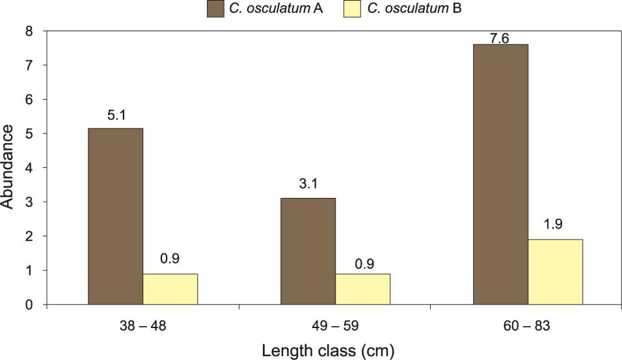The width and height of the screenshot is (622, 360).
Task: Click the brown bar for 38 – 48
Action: click(115, 216)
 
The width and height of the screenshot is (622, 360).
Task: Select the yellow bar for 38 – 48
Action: click(170, 289)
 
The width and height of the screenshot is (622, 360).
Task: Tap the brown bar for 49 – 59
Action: click(308, 251)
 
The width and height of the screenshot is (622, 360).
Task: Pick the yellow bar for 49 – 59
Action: click(362, 289)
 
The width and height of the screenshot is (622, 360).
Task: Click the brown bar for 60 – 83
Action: click(500, 174)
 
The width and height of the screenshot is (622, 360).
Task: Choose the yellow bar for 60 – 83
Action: click(555, 271)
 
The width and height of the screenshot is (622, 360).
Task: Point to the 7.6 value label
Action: click(500, 38)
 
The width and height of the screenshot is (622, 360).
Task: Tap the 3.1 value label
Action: click(308, 185)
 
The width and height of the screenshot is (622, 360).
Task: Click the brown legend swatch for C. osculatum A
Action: click(215, 8)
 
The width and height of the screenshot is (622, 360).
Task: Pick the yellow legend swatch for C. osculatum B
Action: click(352, 8)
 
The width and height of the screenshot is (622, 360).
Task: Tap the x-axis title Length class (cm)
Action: click(329, 351)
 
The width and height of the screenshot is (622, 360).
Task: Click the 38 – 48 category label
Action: click(142, 326)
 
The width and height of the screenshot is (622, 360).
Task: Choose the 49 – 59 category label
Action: click(335, 326)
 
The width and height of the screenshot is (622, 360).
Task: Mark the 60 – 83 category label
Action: click(528, 326)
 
